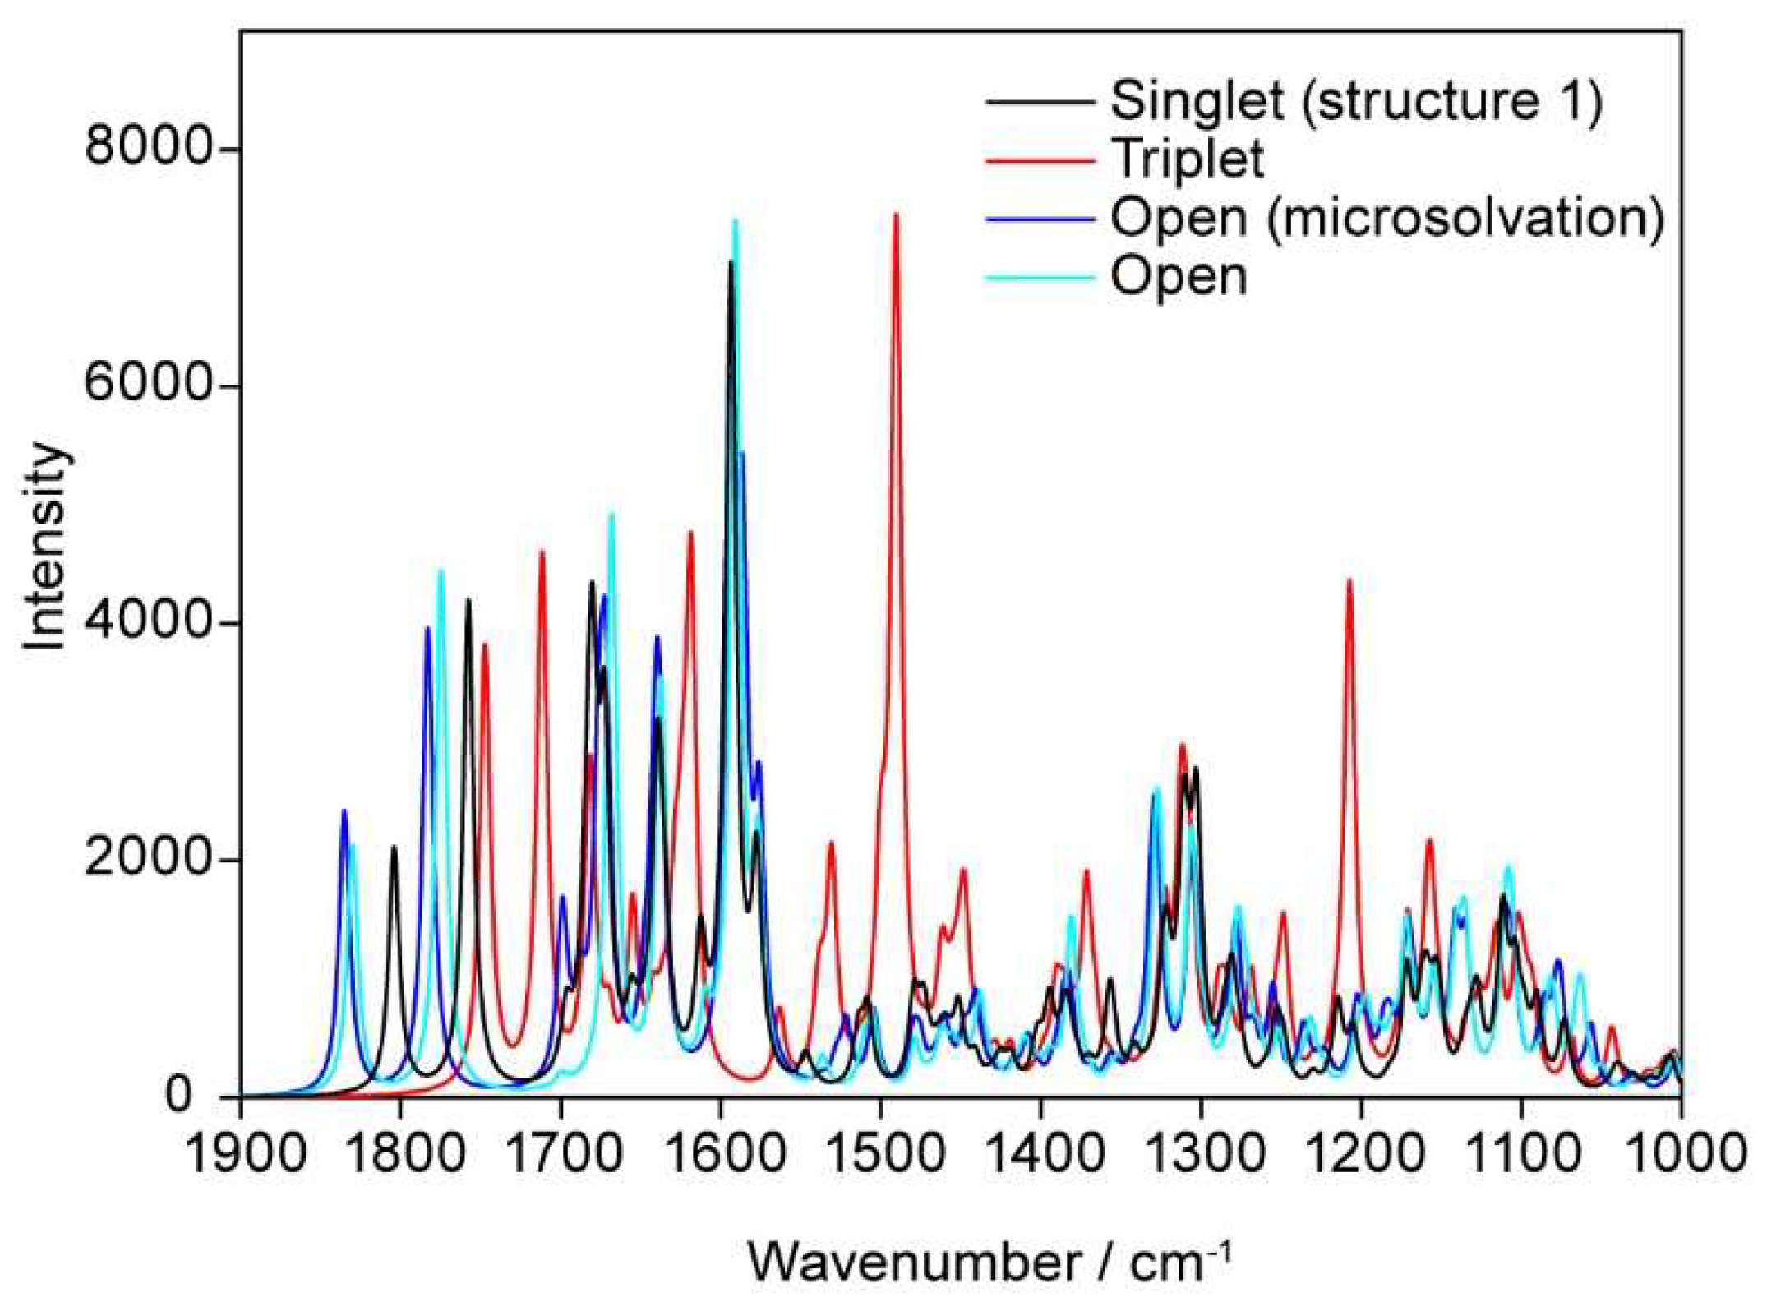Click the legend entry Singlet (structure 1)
(x=1355, y=102)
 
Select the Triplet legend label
(x=1187, y=159)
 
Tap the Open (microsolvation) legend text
(x=1387, y=219)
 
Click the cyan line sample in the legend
(x=1040, y=278)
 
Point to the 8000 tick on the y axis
(x=148, y=149)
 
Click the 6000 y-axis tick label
(x=148, y=386)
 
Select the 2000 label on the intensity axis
(x=148, y=860)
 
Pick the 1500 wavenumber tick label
(x=882, y=1154)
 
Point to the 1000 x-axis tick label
(x=1682, y=1154)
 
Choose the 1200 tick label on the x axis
(x=1362, y=1154)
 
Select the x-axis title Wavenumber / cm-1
(x=990, y=1262)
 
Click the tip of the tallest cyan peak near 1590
(x=736, y=220)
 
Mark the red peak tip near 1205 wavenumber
(x=1349, y=580)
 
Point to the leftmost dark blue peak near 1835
(x=344, y=811)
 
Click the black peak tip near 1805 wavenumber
(x=394, y=847)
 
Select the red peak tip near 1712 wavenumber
(x=542, y=552)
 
